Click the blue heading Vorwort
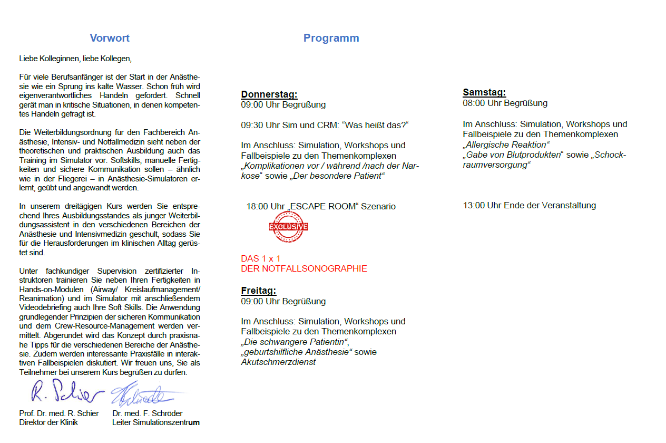110,38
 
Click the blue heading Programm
331,38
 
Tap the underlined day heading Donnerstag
269,94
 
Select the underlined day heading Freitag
259,291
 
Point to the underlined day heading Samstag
484,92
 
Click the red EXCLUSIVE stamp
289,226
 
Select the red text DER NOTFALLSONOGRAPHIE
304,268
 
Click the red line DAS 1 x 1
261,258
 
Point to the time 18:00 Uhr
266,206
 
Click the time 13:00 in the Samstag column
474,205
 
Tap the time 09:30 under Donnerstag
252,124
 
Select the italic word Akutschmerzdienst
278,362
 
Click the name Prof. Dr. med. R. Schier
59,413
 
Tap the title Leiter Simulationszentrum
156,422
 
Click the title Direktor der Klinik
48,422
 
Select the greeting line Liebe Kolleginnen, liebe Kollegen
75,59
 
